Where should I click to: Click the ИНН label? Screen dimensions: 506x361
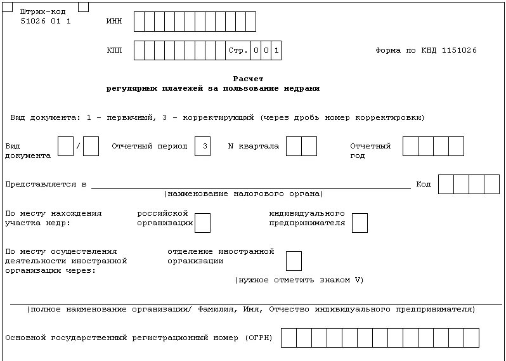(114, 22)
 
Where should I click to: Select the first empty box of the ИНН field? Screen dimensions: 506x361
(139, 22)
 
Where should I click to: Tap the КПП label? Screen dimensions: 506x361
(114, 50)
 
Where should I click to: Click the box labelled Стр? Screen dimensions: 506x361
(238, 50)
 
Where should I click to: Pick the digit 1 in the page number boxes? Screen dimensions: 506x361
(276, 50)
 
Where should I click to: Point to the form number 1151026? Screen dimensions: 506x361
(458, 50)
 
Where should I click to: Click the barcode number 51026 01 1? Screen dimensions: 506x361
(46, 21)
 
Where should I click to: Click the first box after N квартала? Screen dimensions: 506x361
(294, 146)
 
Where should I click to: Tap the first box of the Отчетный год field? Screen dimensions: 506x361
(410, 146)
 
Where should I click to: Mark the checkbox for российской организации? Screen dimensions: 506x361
(203, 223)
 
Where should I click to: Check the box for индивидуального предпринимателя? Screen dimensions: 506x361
(360, 223)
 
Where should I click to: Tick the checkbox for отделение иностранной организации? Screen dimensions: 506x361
(294, 261)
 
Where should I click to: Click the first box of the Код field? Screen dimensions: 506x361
(446, 184)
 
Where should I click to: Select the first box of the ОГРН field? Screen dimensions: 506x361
(289, 338)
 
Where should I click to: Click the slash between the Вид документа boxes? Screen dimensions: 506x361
(78, 147)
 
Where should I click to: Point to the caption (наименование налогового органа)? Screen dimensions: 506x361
(243, 194)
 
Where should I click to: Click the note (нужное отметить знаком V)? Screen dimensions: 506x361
(299, 280)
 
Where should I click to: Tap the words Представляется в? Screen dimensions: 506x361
(46, 184)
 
